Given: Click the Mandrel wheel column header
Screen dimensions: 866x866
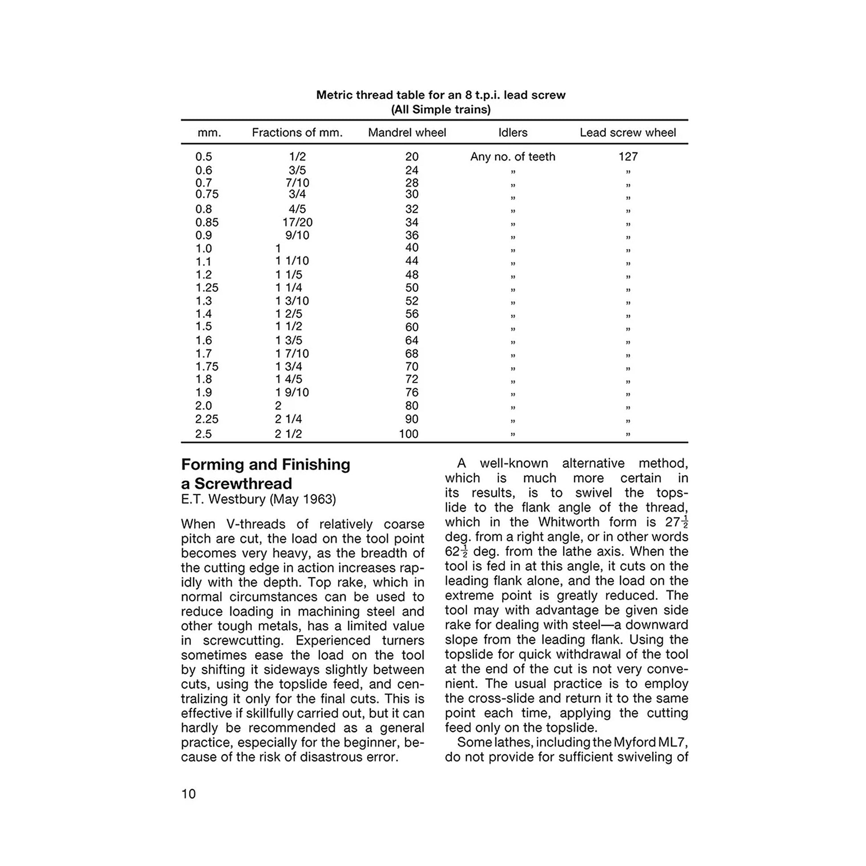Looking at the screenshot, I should pos(407,133).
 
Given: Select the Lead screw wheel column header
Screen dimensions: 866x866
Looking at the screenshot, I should pos(627,133).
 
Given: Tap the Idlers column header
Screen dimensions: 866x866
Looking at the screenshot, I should pos(513,133).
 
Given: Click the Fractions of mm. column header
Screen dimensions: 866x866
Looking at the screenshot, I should pos(297,133).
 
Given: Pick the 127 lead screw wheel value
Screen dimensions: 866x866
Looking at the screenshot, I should pos(628,157).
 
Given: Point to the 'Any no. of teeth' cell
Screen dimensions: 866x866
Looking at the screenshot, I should pos(513,157).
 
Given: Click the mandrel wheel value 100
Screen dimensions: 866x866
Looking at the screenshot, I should pos(409,434).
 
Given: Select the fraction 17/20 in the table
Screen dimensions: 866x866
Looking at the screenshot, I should pos(298,223).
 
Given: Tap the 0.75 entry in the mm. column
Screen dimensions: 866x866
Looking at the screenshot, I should pos(207,194).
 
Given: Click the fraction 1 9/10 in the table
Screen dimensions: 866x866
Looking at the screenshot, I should pos(292,393).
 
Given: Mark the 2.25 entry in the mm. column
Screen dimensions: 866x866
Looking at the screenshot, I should pos(207,419).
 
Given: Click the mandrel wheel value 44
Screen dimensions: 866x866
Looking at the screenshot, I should pos(412,261).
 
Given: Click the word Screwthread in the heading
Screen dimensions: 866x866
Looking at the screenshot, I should pos(243,484).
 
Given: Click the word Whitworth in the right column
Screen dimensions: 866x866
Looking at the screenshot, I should pos(569,522).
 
